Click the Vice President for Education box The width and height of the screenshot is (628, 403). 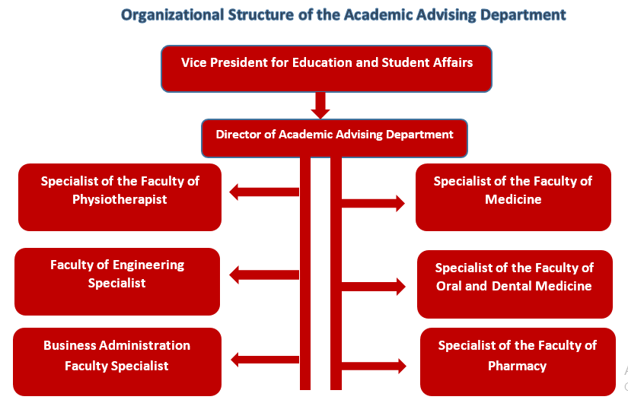coord(327,69)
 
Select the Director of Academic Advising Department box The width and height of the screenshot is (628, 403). coord(334,138)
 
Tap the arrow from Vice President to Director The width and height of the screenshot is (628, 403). coord(320,105)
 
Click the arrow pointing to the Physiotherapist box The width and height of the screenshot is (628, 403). coord(264,192)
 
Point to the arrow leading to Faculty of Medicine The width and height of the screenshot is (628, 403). coord(373,203)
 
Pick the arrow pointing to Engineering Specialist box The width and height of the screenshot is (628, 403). coord(264,275)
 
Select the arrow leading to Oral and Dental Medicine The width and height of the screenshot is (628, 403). coord(373,287)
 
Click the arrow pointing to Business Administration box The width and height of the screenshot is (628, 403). coord(265,360)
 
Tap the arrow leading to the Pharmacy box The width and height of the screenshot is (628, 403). coord(374,366)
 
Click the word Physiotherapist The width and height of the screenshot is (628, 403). coord(120,200)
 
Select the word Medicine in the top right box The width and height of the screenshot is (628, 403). coord(513,199)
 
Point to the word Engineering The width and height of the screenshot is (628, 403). coord(148,265)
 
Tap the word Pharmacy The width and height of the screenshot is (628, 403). coord(517,367)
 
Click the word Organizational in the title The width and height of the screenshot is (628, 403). coord(173,15)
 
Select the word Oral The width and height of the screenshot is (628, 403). coord(448,286)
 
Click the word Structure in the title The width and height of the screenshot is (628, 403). coord(261,14)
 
